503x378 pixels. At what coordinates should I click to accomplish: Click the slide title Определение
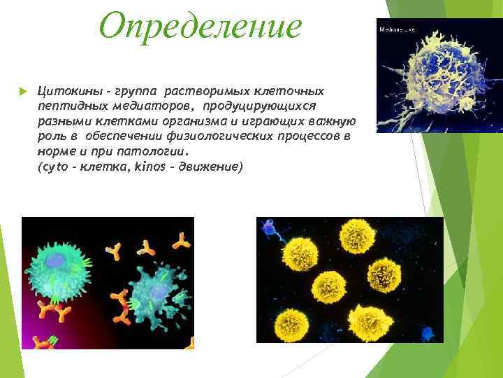201,26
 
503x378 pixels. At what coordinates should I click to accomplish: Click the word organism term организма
185,120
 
